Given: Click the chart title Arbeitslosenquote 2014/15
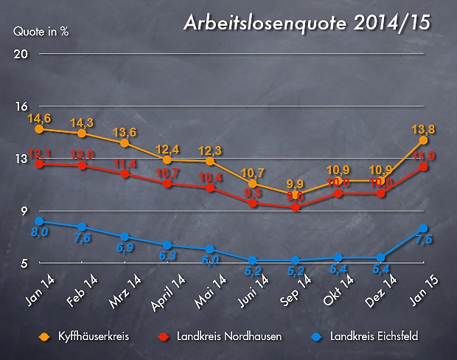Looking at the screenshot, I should point(307,24).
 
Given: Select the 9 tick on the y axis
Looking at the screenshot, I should point(23,212).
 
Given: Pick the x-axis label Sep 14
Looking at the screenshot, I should point(294,286).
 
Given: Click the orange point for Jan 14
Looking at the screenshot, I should point(39,129).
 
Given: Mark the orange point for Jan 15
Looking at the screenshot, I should point(423,140).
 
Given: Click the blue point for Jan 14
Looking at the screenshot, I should point(39,221).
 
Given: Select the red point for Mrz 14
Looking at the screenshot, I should point(125,174).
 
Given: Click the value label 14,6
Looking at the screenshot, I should point(39,117).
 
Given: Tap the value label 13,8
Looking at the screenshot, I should point(422,129).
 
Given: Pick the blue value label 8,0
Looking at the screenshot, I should point(39,233).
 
